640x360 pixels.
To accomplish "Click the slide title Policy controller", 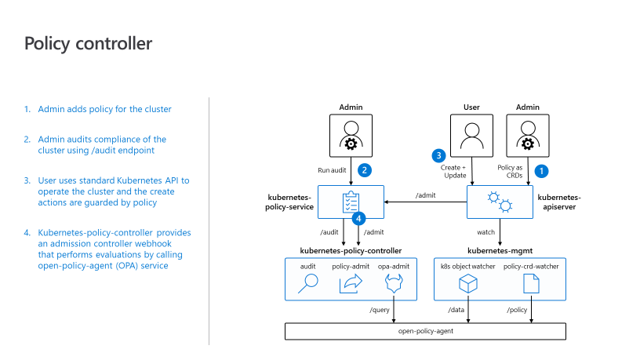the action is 88,44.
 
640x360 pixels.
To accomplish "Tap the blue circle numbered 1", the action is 541,171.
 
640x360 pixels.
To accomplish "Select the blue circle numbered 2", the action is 365,170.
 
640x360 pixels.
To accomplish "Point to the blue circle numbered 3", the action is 438,155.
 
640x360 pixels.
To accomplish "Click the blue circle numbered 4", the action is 358,219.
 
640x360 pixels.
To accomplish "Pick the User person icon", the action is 472,136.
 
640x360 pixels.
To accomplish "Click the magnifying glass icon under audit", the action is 307,283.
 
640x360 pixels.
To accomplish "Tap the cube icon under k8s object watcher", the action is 467,283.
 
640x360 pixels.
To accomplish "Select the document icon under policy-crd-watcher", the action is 531,283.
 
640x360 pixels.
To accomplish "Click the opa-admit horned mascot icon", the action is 394,283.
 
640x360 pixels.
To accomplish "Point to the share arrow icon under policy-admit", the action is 351,283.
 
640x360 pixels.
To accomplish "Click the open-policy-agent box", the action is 425,332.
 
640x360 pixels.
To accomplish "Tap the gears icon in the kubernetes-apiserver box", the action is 500,202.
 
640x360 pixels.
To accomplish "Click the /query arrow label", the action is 380,310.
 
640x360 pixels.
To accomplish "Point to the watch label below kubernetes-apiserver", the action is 485,232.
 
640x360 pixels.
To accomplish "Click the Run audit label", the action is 332,170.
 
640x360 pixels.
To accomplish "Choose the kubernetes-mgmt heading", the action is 500,251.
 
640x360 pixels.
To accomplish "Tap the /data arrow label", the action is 456,310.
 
